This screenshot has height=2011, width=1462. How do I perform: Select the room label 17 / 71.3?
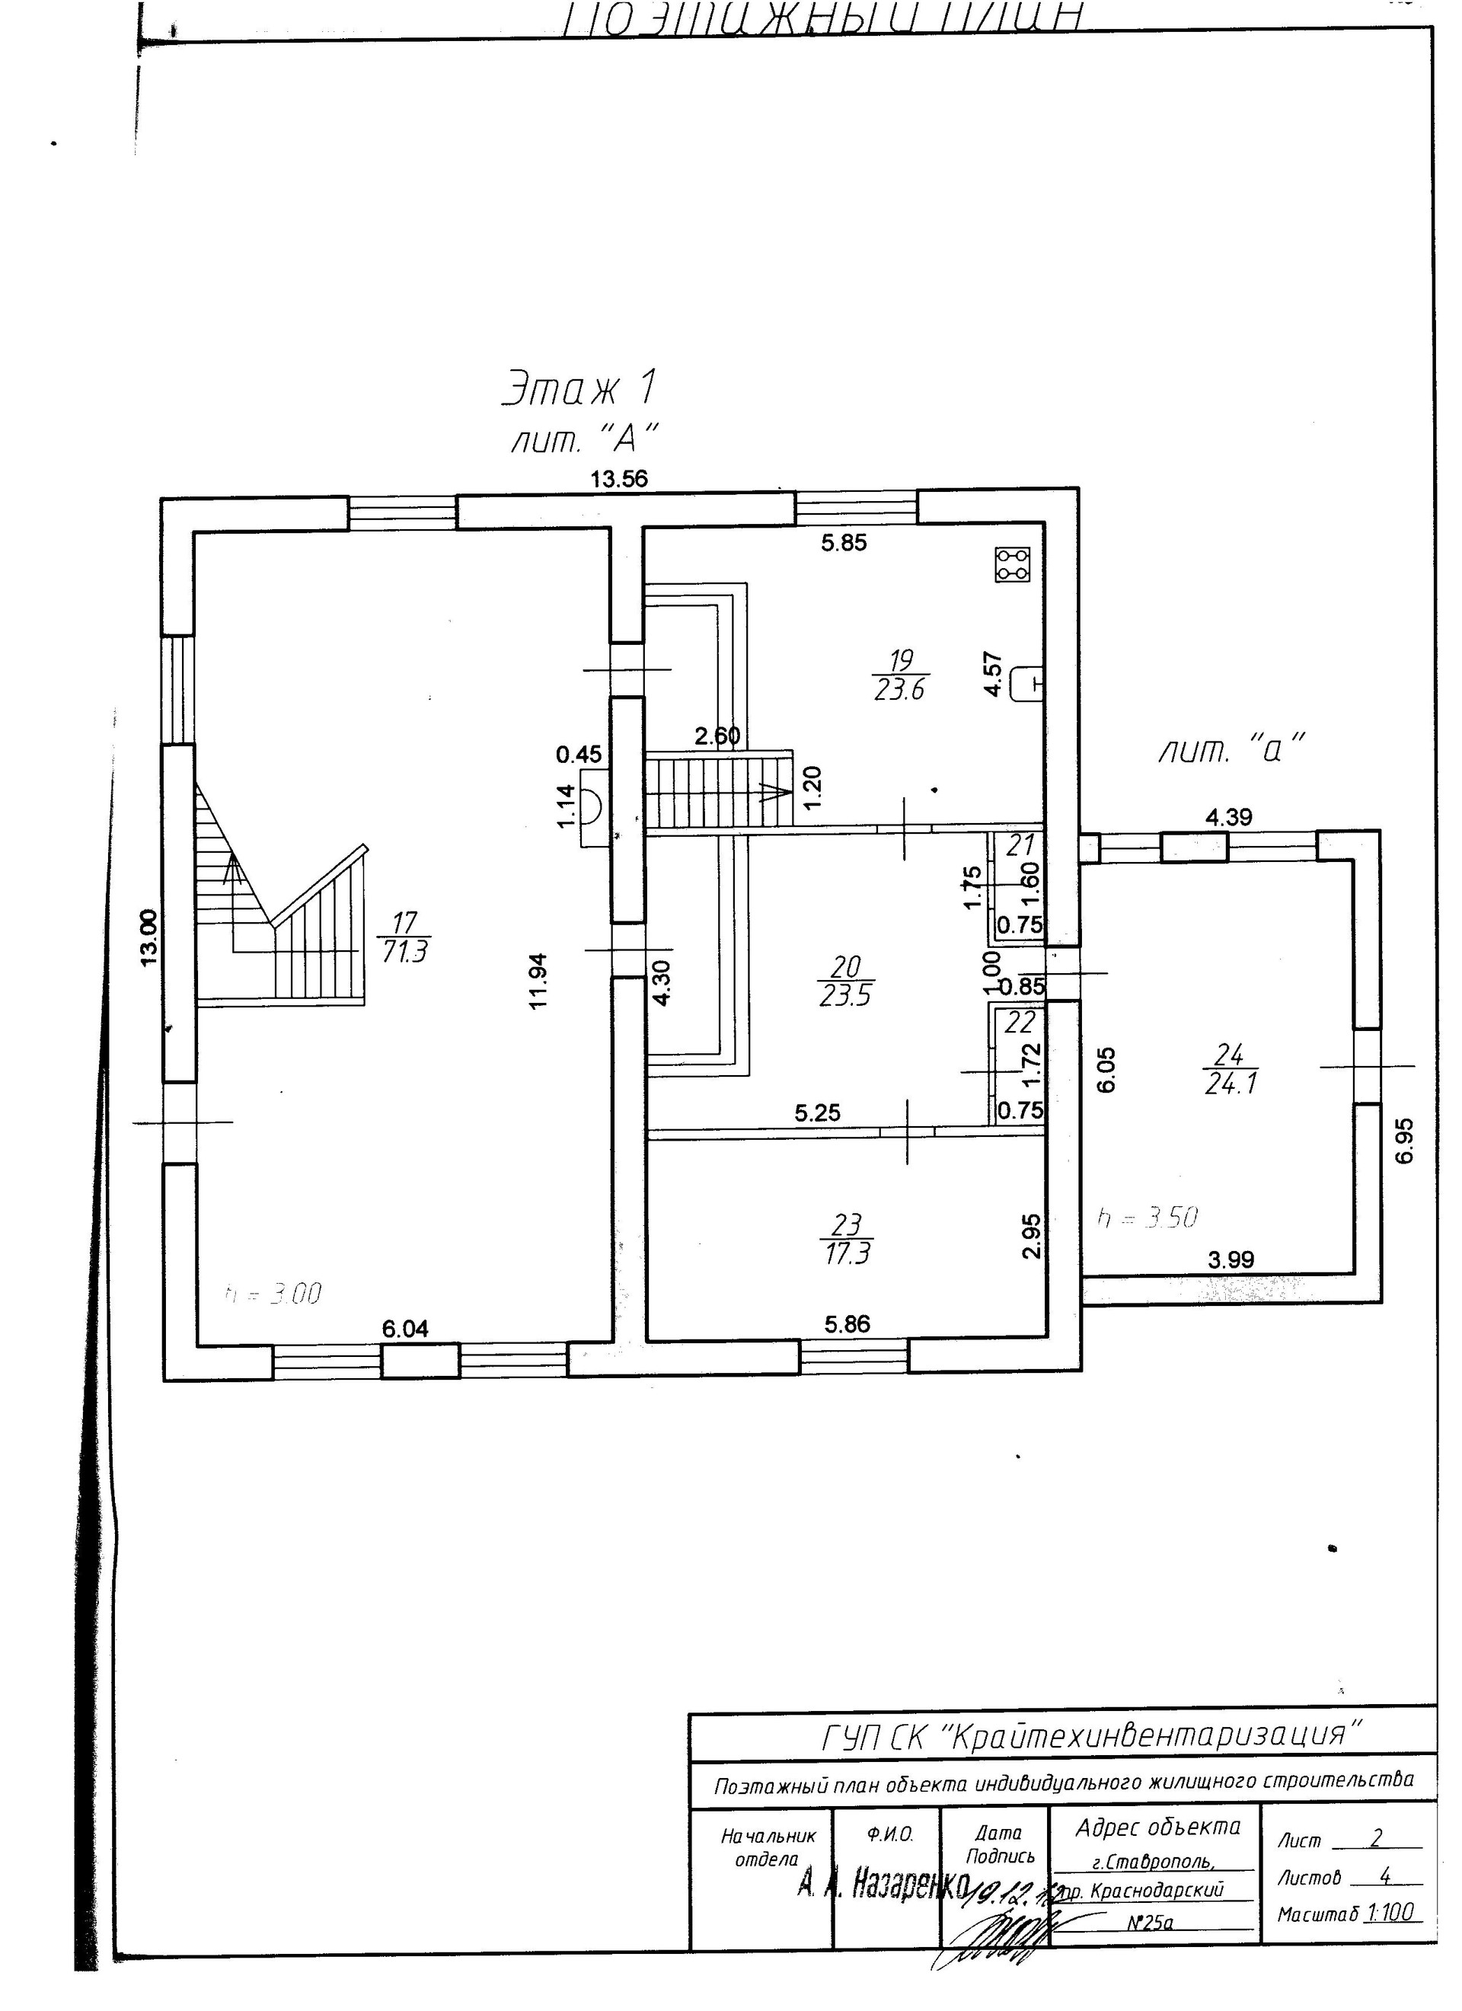tap(404, 937)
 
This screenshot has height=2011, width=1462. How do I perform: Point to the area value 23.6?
tap(899, 689)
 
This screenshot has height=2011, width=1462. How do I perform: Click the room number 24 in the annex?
tap(1230, 1055)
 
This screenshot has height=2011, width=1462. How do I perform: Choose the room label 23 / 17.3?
tap(846, 1239)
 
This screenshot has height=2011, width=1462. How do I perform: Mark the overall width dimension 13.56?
tap(620, 480)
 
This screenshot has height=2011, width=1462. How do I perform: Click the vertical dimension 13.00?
tap(149, 937)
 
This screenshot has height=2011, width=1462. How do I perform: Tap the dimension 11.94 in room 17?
tap(539, 981)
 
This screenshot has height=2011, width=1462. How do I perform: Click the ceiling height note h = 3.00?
tap(273, 1294)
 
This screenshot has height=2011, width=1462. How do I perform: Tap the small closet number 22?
tap(1020, 1023)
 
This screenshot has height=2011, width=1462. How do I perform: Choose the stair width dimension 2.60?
tap(717, 736)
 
